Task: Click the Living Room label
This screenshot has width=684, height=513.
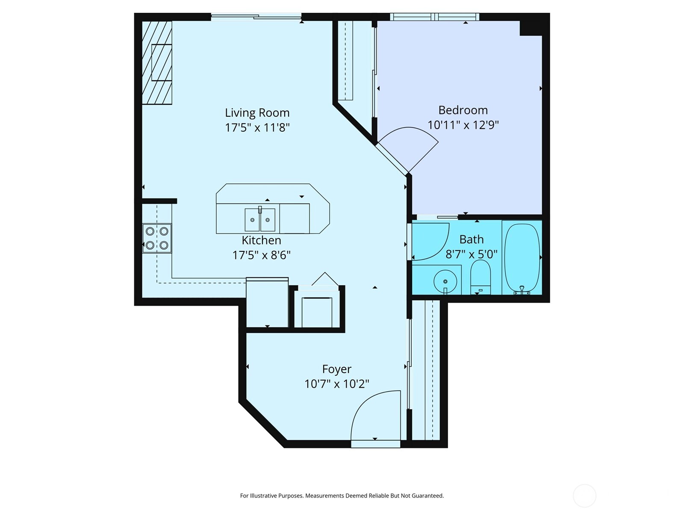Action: [x=257, y=113]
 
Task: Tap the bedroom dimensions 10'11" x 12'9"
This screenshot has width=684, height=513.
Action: [x=463, y=125]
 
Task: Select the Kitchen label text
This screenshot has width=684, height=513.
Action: [x=261, y=240]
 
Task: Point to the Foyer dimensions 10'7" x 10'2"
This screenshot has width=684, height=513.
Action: [x=336, y=384]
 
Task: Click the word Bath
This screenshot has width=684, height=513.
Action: [x=472, y=239]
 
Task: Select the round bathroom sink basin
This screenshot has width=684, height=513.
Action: [x=445, y=281]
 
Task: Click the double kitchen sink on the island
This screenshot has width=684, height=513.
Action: [x=259, y=220]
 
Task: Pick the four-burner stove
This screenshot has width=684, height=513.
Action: [x=157, y=238]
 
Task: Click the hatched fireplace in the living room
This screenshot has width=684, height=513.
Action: [x=157, y=63]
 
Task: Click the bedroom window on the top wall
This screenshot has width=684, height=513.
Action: [x=434, y=17]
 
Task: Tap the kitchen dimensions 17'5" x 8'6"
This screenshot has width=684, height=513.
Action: [x=261, y=255]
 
